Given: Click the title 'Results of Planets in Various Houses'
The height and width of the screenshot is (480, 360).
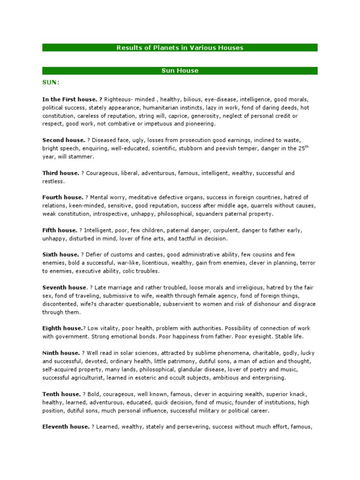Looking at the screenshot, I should click(x=180, y=47).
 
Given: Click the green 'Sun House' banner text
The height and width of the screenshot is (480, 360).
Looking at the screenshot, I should click(x=180, y=71).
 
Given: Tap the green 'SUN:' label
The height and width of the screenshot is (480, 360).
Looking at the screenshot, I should click(x=51, y=82).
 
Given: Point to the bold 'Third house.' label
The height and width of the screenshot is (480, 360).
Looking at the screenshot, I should click(x=61, y=173).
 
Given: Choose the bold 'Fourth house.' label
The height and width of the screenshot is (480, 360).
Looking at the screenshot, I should click(x=63, y=197).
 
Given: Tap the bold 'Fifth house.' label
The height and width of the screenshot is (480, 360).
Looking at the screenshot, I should click(x=60, y=230).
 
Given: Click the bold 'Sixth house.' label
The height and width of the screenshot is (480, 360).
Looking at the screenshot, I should click(x=60, y=255).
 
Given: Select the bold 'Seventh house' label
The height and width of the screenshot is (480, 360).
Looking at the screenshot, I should click(x=65, y=287).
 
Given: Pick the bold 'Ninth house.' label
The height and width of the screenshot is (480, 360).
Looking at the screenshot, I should click(x=61, y=353).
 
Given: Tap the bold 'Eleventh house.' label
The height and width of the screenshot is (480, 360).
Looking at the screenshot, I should click(x=66, y=427).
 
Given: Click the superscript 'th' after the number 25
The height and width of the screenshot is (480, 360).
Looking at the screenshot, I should click(x=307, y=146).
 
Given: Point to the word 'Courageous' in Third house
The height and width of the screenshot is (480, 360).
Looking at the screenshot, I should click(x=103, y=173).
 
